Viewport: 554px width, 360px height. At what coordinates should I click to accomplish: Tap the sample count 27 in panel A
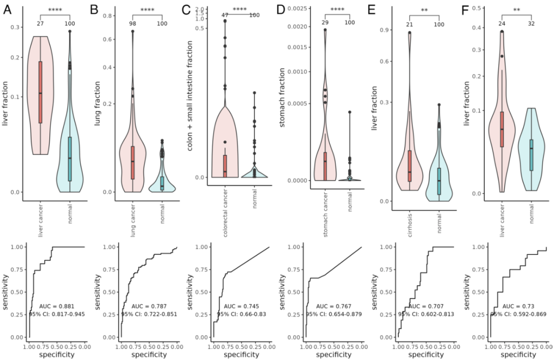[40, 24]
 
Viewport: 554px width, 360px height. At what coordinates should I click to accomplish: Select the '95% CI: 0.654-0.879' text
[331, 314]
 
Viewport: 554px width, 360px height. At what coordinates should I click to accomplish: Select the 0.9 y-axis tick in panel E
[382, 30]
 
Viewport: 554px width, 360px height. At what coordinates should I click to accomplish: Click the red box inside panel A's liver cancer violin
[40, 92]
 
